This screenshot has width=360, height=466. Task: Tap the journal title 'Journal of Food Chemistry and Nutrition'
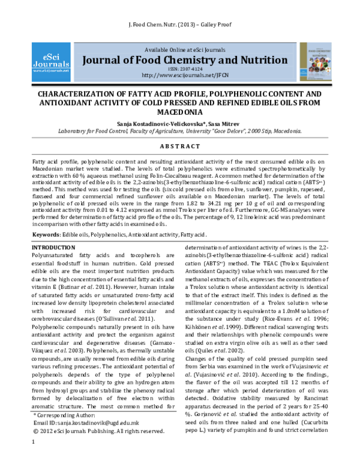point(179,60)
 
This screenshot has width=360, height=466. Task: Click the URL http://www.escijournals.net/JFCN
point(180,76)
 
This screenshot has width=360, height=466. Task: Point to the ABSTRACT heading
point(180,147)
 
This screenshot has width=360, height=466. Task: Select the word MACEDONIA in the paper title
point(180,112)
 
